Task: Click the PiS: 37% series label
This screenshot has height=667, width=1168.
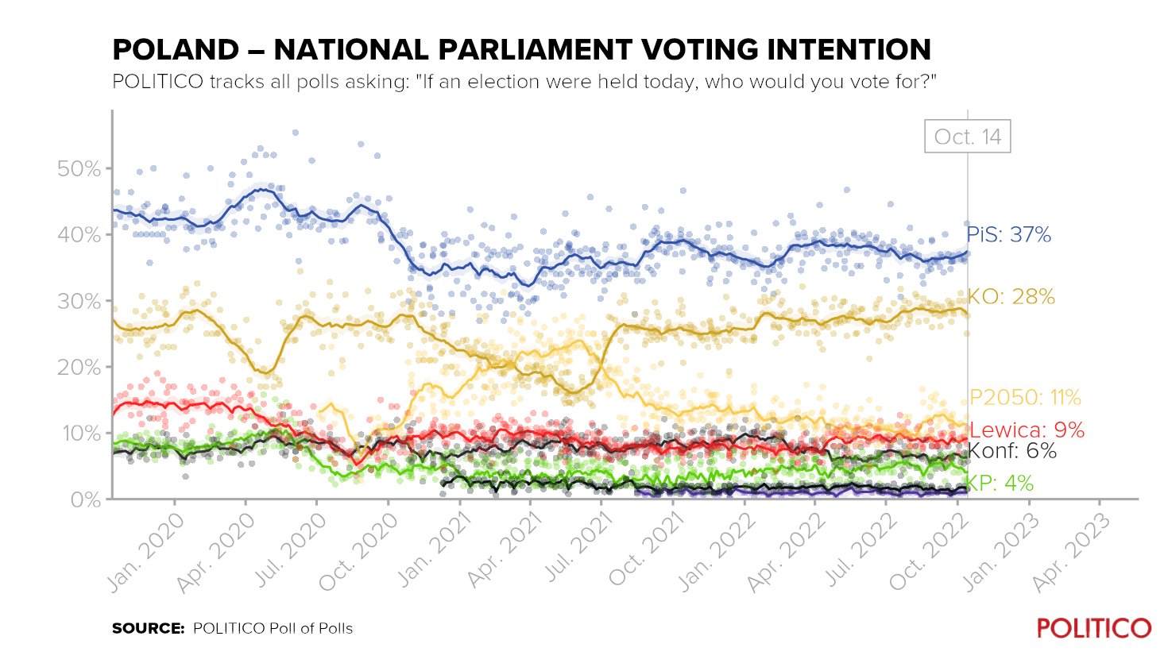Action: (1008, 235)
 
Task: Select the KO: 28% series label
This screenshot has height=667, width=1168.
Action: (1011, 297)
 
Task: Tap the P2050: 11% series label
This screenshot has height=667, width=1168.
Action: (1025, 398)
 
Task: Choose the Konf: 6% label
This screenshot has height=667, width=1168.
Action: (1011, 452)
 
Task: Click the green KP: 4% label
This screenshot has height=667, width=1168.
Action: (1000, 484)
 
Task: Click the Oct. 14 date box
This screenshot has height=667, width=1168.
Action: (967, 137)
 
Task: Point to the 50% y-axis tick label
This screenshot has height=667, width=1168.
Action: (79, 169)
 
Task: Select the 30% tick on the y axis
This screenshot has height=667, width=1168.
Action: (79, 302)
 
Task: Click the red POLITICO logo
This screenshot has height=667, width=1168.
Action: (1093, 628)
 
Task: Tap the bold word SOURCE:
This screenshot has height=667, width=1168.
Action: (148, 628)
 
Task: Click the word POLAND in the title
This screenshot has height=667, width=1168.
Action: (176, 50)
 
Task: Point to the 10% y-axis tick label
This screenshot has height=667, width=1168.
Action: (79, 434)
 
